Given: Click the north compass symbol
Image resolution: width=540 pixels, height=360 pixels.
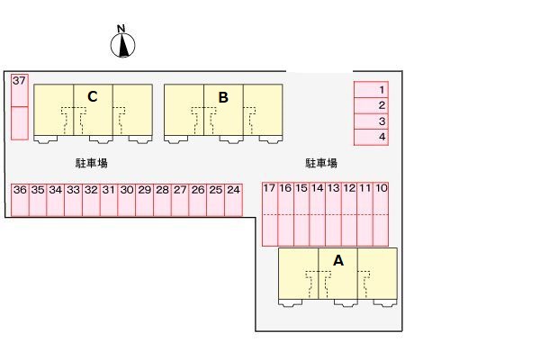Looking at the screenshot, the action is (122, 45).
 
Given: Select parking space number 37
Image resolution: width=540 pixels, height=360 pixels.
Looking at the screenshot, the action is (20, 90).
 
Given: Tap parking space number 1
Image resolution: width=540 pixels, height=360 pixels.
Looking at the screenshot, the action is (371, 90).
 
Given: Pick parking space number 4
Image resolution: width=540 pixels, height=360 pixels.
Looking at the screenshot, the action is (371, 137).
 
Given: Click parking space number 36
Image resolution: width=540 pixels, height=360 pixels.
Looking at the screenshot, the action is (20, 200).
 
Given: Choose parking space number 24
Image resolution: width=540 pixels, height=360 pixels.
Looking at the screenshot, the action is (233, 200).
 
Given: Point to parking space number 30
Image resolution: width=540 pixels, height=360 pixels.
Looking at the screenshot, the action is (127, 200).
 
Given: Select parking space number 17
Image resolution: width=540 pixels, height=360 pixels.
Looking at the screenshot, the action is (270, 214).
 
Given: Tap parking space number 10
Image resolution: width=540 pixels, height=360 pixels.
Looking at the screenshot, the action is (381, 214).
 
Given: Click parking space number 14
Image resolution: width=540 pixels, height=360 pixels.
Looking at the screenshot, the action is (318, 214).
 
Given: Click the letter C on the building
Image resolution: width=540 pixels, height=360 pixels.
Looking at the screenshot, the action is (93, 97).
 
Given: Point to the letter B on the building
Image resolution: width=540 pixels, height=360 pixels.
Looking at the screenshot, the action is (223, 97).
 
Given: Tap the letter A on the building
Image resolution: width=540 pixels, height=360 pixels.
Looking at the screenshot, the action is (338, 261).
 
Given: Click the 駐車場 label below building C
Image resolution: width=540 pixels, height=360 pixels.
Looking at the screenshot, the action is (92, 163).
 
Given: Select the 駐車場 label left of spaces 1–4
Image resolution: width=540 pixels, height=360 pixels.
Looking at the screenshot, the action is (321, 163).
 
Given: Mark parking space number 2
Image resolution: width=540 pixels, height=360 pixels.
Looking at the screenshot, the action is (371, 105).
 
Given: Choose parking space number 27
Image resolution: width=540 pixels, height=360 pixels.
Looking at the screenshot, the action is (180, 200).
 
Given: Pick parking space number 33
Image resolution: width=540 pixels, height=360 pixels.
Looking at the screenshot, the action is (74, 200).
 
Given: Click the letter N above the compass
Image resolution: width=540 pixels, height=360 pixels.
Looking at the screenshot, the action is (121, 29).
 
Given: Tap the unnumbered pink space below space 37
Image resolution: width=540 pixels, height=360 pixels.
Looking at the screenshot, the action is (20, 123).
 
